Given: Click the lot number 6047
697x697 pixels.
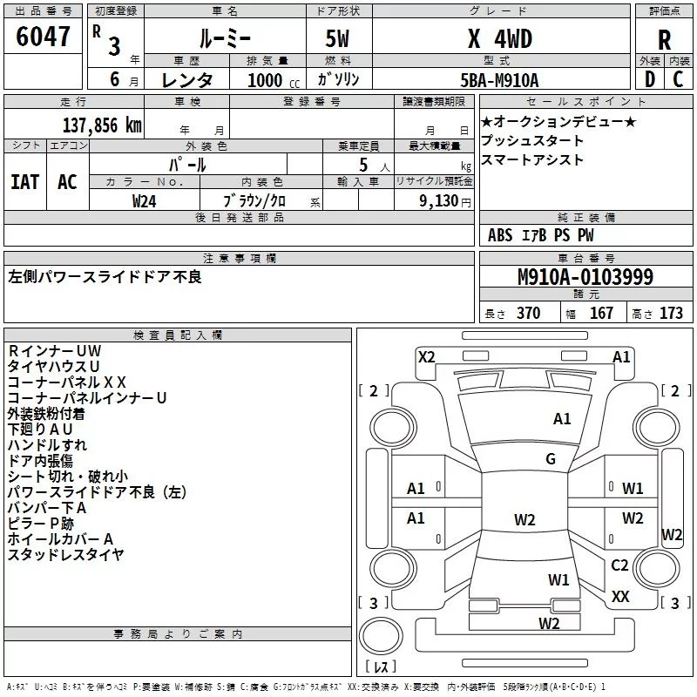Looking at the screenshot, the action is click(x=43, y=37).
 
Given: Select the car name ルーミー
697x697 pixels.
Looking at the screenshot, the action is click(x=225, y=39).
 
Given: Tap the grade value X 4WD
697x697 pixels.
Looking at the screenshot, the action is click(x=500, y=39).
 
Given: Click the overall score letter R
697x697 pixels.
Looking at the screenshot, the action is click(x=664, y=40).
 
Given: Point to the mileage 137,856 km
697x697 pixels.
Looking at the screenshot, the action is click(x=102, y=125).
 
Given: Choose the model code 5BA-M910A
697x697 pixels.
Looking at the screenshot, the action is click(x=499, y=80).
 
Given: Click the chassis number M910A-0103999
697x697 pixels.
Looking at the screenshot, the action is click(x=585, y=277).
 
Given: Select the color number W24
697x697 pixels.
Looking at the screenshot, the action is click(x=144, y=201).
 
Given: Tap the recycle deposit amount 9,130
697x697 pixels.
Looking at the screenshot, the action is click(x=438, y=201).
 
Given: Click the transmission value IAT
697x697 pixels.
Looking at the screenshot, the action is click(x=25, y=182).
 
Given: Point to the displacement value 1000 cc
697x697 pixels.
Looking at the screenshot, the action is click(x=274, y=80).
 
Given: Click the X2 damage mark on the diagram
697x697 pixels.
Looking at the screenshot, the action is click(x=426, y=357).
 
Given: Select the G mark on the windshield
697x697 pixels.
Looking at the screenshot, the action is click(x=551, y=458).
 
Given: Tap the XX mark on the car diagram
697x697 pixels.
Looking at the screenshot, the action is click(x=620, y=596).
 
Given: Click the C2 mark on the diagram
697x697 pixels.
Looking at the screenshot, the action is click(x=619, y=565).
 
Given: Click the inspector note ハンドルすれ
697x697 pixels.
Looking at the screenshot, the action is click(x=47, y=445).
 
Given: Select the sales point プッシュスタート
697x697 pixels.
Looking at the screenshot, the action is click(x=532, y=141).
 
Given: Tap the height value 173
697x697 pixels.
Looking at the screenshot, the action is click(x=671, y=313).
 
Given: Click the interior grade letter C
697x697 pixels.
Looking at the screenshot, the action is click(x=678, y=79).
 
